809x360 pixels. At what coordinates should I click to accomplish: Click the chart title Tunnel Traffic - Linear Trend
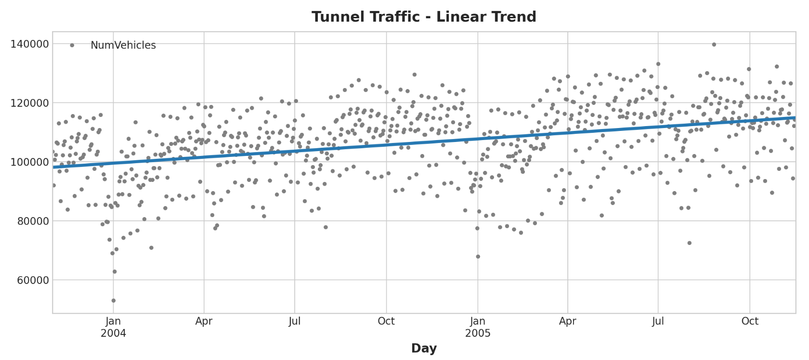[424, 17]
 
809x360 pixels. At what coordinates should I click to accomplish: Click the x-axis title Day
[424, 348]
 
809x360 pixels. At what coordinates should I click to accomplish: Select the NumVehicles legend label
[123, 45]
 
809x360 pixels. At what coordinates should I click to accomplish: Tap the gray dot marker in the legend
[72, 45]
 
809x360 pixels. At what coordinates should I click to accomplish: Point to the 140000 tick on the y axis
[29, 44]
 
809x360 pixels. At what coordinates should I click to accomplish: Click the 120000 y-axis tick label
[29, 103]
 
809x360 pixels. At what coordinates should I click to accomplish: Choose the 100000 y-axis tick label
[29, 162]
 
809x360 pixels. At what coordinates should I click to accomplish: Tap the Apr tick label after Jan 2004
[204, 321]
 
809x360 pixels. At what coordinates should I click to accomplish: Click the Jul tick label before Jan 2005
[295, 321]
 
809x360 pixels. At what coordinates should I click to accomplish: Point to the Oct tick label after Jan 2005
[750, 321]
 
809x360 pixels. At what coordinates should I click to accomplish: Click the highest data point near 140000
[714, 44]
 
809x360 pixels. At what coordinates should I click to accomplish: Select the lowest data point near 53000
[114, 300]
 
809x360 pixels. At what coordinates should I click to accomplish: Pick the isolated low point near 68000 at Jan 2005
[478, 257]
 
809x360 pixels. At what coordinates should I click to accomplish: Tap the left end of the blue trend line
[54, 167]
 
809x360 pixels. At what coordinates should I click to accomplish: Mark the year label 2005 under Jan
[478, 334]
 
